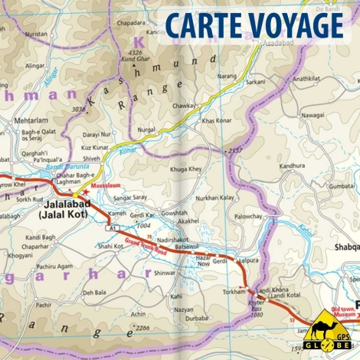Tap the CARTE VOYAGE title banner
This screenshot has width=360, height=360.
pyautogui.click(x=252, y=25)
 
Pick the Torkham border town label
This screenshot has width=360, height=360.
pyautogui.click(x=232, y=293)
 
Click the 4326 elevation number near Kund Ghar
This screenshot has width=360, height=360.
pyautogui.click(x=129, y=51)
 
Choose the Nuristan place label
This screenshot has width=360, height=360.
pyautogui.click(x=35, y=35)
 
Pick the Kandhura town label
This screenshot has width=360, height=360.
pyautogui.click(x=291, y=165)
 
